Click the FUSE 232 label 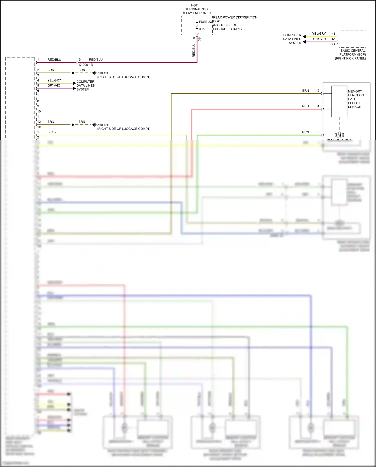tap(206, 22)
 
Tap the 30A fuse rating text tap(202, 29)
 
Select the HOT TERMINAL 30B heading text tap(196, 9)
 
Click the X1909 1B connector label tap(86, 65)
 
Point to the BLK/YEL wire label tap(54, 132)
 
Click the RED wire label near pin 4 tap(305, 106)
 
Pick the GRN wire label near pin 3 tap(305, 132)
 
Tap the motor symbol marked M tap(339, 135)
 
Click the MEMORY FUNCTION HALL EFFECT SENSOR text tap(355, 99)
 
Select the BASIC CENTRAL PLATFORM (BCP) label tap(353, 54)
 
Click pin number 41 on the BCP tap(333, 34)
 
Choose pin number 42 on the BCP tap(333, 39)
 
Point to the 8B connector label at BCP tap(333, 44)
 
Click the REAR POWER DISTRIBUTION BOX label tap(235, 23)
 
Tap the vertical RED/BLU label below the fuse tap(194, 50)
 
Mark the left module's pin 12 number tap(39, 122)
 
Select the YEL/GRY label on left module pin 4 tap(54, 80)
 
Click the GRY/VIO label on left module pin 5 tap(54, 86)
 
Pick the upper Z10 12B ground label tap(103, 73)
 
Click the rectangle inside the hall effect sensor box tap(339, 101)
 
